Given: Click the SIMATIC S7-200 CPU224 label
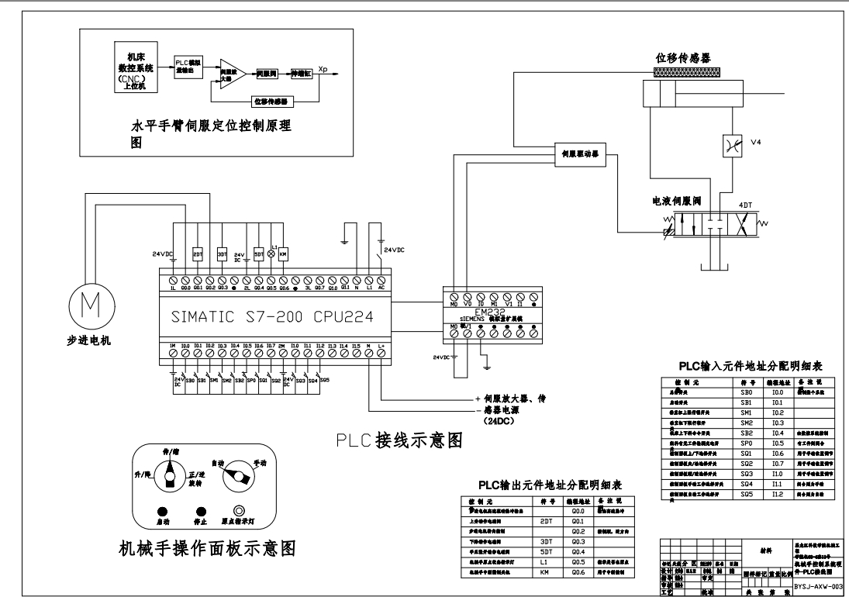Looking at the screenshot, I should coord(293,318).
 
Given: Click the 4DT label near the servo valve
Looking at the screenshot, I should coord(745,205).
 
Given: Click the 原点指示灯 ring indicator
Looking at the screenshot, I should coord(240,511).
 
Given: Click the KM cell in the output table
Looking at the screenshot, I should coord(544,571).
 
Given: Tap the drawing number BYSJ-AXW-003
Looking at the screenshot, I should coord(818,587).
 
